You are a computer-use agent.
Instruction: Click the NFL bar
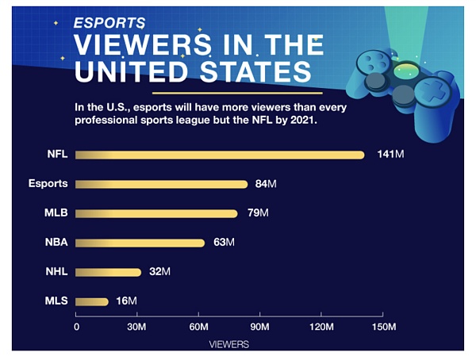(221, 155)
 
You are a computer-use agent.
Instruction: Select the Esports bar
(162, 184)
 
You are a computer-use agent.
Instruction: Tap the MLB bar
(157, 213)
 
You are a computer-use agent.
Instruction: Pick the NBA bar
(140, 243)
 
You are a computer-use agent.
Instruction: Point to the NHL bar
(109, 272)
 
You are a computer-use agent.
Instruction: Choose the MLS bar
(92, 301)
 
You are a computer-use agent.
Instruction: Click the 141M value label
(390, 154)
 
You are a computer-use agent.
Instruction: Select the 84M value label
(265, 184)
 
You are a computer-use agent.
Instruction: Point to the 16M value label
(127, 301)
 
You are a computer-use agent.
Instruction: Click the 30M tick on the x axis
(138, 327)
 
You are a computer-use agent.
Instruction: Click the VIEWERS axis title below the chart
(229, 344)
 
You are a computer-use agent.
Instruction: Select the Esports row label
(48, 184)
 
